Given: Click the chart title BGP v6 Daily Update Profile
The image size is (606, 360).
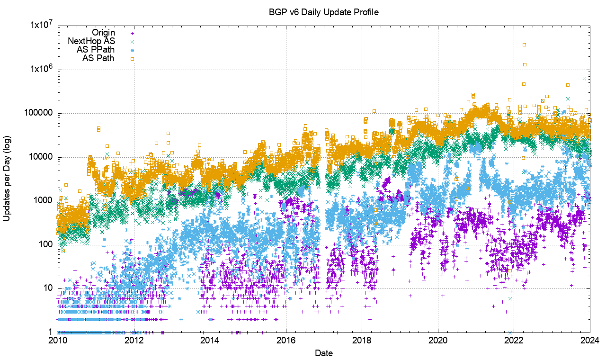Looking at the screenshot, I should pyautogui.click(x=324, y=13).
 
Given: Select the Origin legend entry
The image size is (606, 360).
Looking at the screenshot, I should pyautogui.click(x=103, y=33).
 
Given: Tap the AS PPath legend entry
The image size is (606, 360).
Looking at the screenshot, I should pyautogui.click(x=96, y=50).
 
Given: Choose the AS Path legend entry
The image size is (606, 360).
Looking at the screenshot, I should pyautogui.click(x=98, y=58).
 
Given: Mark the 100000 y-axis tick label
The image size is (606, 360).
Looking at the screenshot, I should pyautogui.click(x=38, y=114).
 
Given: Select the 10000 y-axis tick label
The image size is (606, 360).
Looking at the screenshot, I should pyautogui.click(x=40, y=157).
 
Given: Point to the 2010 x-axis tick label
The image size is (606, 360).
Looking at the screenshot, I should pyautogui.click(x=58, y=340).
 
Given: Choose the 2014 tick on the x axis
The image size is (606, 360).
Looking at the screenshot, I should pyautogui.click(x=210, y=340).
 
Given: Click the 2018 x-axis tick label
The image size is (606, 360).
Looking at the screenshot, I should pyautogui.click(x=362, y=340).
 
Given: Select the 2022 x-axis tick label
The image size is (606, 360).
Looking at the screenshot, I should pyautogui.click(x=514, y=340).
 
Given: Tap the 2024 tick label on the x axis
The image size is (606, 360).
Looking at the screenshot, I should pyautogui.click(x=589, y=340).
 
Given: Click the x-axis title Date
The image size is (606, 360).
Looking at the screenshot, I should pyautogui.click(x=324, y=353).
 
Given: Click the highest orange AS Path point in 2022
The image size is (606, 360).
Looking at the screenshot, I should pyautogui.click(x=524, y=45).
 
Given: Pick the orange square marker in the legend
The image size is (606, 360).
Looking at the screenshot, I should pyautogui.click(x=133, y=59).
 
